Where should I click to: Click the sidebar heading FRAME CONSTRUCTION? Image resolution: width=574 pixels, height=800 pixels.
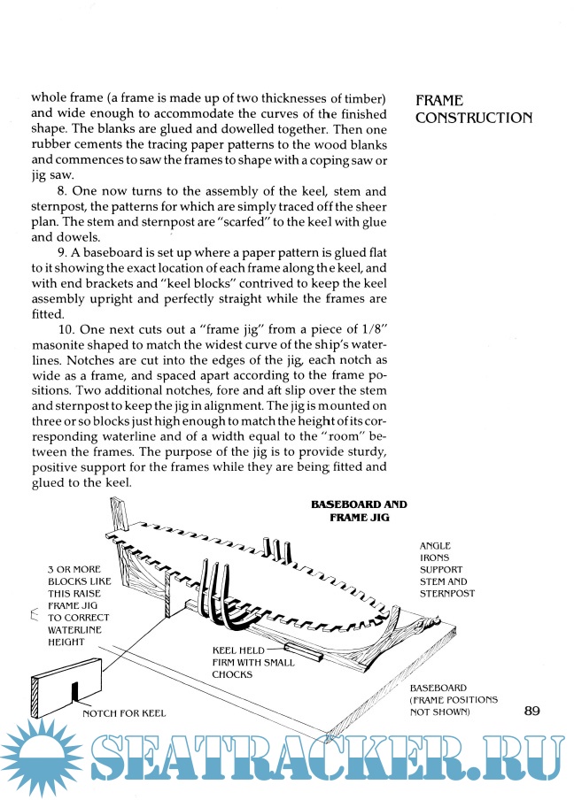point(473,110)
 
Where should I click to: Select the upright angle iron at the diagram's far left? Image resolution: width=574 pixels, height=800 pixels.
point(114,519)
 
